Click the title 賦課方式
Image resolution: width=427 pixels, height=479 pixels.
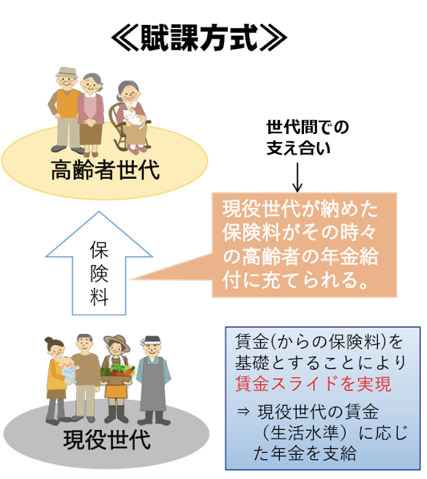coord(198,37)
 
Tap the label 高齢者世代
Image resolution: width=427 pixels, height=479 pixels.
coord(105,170)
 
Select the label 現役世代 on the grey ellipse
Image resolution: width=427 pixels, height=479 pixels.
coord(107,439)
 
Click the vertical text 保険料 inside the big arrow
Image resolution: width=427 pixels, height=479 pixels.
coord(99,273)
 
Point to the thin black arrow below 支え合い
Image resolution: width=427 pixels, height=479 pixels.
coord(297,177)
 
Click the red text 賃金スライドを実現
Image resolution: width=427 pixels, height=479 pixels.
coord(313,384)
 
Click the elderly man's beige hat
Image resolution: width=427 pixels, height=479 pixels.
coord(67,73)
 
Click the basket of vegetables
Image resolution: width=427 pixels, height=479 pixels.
coord(118,374)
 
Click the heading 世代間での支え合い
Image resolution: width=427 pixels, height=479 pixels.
coord(308,138)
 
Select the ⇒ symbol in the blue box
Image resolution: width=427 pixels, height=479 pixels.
coord(243,412)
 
